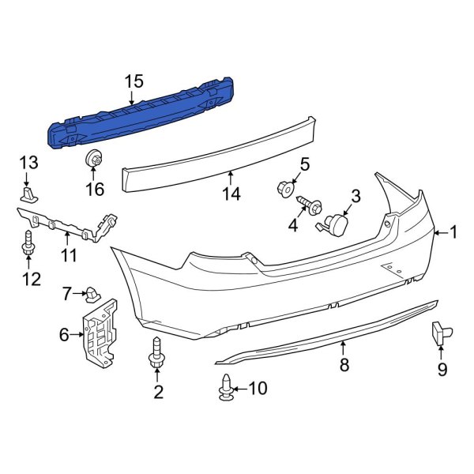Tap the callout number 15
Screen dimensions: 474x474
coord(134,81)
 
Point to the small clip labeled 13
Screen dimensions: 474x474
coord(30,194)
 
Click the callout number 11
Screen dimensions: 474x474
coord(69,255)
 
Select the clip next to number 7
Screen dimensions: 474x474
coord(92,295)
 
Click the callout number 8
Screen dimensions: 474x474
coord(344,365)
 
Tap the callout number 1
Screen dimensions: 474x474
coord(453,231)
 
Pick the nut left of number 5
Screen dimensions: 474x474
coord(284,189)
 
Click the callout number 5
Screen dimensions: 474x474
coord(304,166)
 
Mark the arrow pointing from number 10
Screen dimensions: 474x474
coord(242,387)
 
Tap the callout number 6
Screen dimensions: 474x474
coord(64,335)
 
